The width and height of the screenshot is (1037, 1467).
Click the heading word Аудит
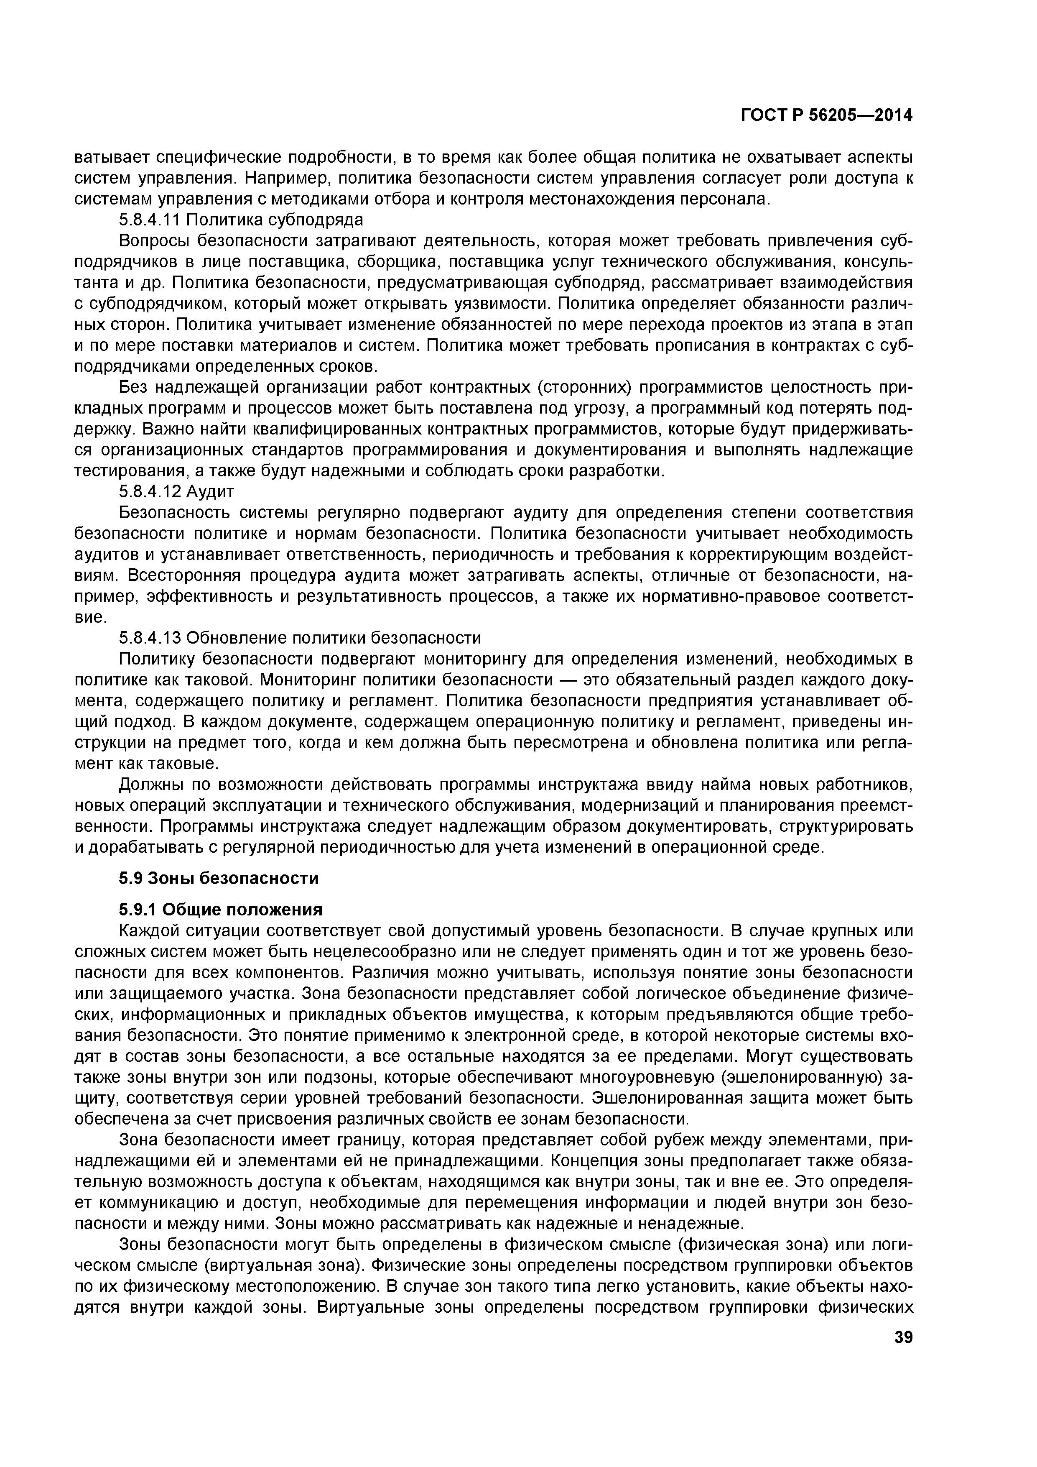click(211, 492)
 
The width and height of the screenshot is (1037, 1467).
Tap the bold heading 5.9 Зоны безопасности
click(218, 879)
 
